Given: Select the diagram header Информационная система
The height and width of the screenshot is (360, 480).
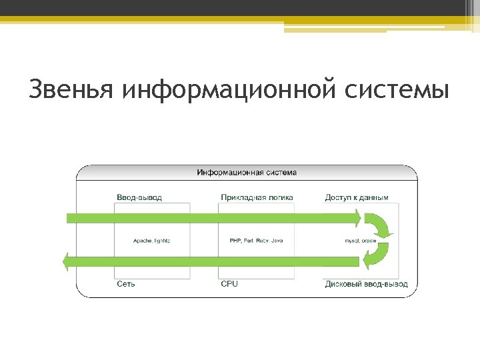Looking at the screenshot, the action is [247, 172].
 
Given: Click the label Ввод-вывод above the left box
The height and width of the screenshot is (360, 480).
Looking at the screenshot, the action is [139, 197].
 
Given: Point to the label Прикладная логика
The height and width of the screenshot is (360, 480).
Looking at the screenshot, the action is [257, 197].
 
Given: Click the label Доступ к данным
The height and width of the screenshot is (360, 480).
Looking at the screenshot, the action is [357, 197].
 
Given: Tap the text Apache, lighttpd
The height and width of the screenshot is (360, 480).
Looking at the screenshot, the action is [152, 240].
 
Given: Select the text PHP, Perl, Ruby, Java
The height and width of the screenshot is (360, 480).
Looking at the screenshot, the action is [257, 240].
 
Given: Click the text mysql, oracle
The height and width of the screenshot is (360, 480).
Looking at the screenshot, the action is [359, 240].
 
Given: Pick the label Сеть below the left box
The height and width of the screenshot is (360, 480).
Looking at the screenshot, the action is [126, 284].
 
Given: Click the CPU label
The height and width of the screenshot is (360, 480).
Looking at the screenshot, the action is [229, 284].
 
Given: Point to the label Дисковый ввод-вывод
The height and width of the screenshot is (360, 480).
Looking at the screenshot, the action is [366, 284].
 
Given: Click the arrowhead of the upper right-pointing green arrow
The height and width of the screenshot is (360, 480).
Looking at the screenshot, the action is [357, 217].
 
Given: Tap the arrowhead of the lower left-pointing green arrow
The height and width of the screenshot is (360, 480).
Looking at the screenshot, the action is [66, 262].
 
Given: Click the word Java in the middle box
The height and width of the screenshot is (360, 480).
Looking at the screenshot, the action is [277, 240].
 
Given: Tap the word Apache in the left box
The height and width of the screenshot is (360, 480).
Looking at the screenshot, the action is [141, 240].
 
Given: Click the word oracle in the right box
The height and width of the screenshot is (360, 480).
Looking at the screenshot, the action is [369, 240].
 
